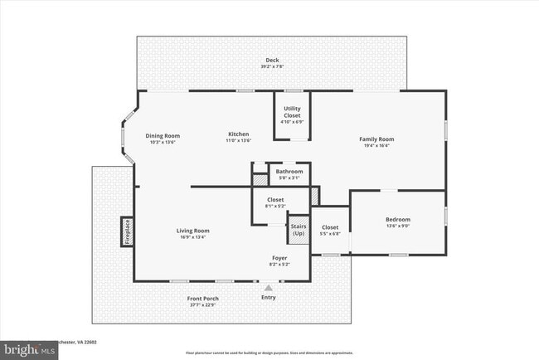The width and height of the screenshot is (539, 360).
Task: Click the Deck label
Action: click(272, 60)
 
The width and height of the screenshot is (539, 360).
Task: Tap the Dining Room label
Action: click(163, 136)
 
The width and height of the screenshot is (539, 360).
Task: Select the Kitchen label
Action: click(239, 134)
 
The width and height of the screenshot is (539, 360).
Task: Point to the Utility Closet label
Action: click(292, 111)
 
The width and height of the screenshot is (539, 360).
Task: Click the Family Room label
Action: click(376, 139)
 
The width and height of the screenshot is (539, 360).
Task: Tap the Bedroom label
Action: click(397, 220)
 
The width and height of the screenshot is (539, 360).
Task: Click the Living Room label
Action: click(192, 231)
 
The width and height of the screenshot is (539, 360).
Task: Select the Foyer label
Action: click(279, 258)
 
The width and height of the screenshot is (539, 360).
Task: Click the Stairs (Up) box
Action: click(298, 230)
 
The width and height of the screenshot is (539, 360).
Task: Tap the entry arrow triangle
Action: click(268, 287)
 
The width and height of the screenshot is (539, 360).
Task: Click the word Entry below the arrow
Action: click(268, 297)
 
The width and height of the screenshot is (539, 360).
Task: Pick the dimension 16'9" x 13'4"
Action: click(192, 237)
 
